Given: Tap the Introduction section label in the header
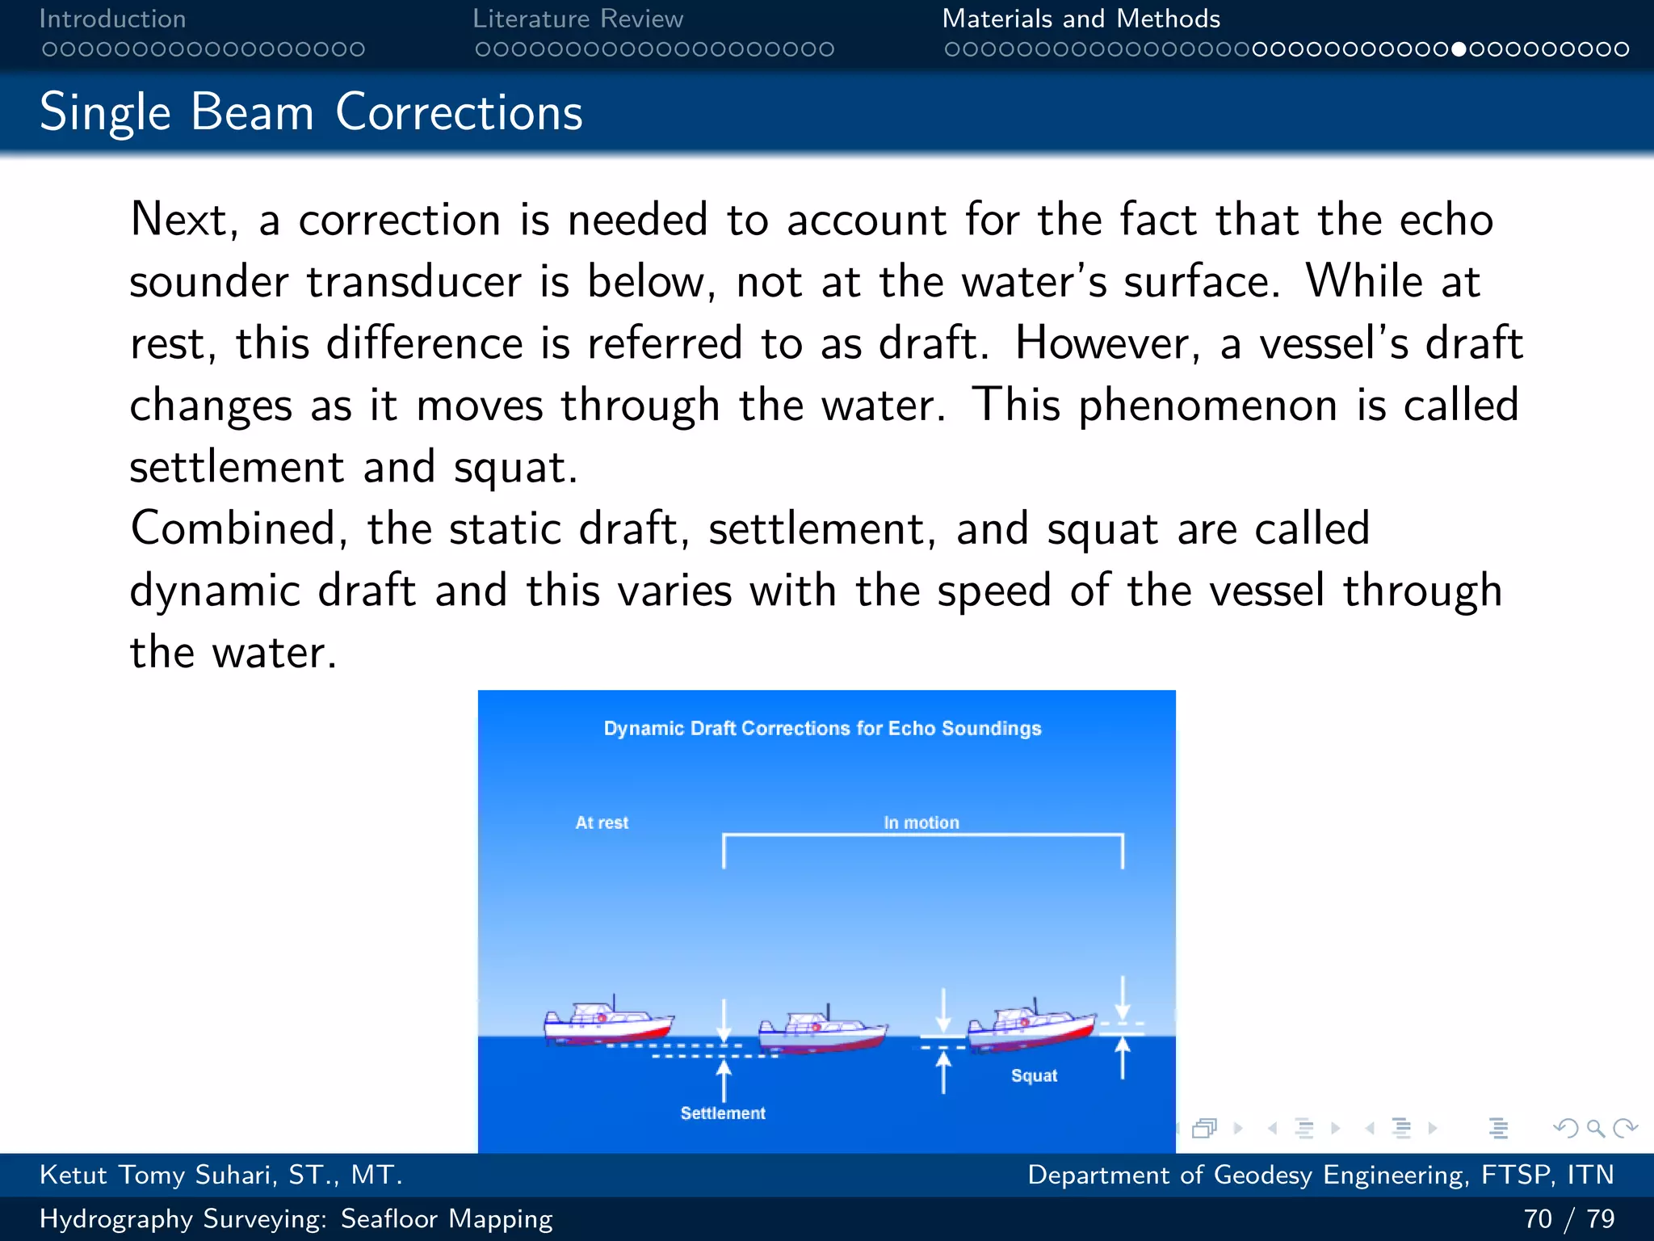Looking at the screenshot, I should coord(112,19).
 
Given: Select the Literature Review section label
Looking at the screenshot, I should coord(577,19).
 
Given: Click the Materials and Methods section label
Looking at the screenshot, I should coord(1081,19).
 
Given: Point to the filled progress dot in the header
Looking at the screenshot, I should coord(1458,49).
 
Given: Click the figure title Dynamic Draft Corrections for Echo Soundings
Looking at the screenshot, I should coord(822,728).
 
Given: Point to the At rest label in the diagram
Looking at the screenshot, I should coord(601,822).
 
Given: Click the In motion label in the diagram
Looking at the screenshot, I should coord(921,822).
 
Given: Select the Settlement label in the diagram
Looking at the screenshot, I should coord(722,1113).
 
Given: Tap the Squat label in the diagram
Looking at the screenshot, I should coord(1034,1075).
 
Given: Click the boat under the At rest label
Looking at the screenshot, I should coord(607,1023).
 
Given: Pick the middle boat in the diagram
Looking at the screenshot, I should coord(822,1031).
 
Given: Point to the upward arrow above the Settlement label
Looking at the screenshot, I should coord(724,1079).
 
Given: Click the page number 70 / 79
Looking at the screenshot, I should coord(1568,1218).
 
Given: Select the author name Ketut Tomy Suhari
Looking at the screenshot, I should coord(220,1175).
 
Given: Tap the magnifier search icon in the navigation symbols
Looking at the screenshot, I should coord(1594,1128).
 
